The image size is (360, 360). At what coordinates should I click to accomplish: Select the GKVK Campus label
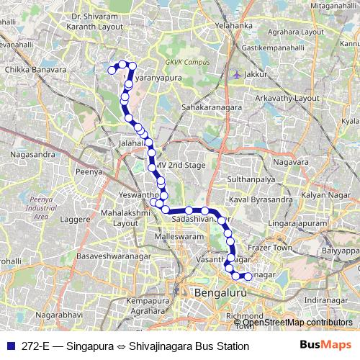[x=183, y=62]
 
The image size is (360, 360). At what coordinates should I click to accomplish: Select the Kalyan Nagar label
[x=324, y=196]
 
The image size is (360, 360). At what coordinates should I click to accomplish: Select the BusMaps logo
[x=325, y=346]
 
